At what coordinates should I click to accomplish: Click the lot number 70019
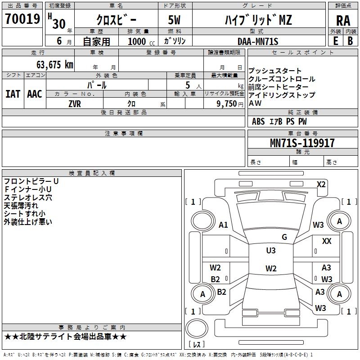tap(23, 19)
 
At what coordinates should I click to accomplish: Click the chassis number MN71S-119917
tap(302, 143)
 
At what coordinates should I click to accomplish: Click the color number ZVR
tap(75, 103)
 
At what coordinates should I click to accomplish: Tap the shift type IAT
tap(13, 94)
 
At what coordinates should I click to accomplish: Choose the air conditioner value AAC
tap(35, 94)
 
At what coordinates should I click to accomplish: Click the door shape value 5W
tap(175, 20)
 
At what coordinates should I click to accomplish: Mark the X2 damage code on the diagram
tap(321, 184)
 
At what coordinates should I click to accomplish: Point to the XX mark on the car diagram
tap(327, 241)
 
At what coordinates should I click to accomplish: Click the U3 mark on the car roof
tap(271, 250)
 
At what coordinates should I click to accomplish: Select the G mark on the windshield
tap(284, 237)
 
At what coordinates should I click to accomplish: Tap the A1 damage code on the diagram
tap(223, 225)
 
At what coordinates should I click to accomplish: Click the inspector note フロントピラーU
tap(31, 181)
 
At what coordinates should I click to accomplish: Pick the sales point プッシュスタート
tap(275, 71)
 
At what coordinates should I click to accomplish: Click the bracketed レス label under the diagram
tap(197, 345)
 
